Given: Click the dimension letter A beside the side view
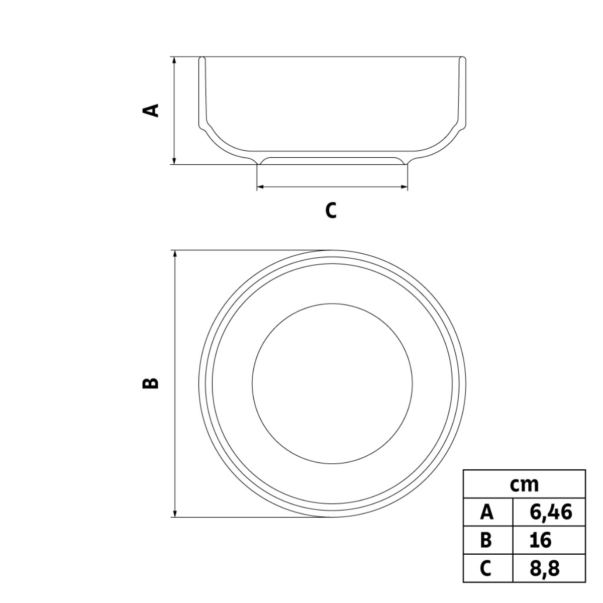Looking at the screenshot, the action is point(151,111).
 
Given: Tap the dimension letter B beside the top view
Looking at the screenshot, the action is point(151,383).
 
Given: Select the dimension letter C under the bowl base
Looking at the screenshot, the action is point(331,210).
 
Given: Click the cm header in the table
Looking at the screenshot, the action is point(525,485).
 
